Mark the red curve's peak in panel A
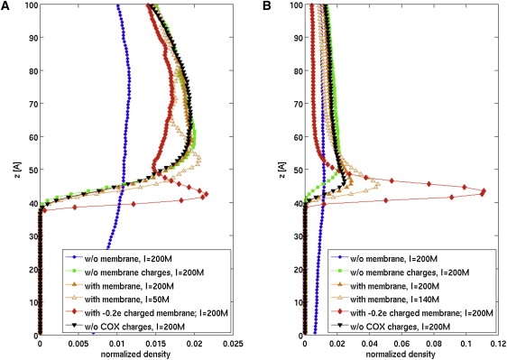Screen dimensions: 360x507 206,195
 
